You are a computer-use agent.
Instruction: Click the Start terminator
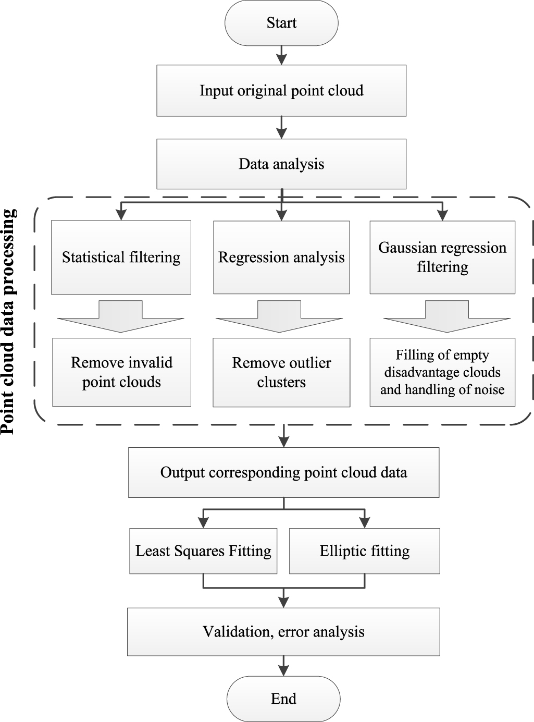281,23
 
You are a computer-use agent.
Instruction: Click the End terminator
283,699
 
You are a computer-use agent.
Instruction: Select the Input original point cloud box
281,91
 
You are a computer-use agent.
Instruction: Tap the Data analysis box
281,164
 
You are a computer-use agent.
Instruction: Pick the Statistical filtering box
121,257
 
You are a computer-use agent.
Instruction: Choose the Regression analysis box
281,257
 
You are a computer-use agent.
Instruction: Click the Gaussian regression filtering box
442,257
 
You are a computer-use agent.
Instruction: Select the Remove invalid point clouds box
121,372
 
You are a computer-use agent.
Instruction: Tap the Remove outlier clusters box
281,372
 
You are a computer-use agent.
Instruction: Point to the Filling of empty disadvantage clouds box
442,372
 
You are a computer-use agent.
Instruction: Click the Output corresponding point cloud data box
283,472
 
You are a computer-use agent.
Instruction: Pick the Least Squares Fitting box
203,551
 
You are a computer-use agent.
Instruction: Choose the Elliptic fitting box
364,551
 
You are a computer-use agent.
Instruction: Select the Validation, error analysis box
283,632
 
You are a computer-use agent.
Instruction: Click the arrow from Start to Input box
281,55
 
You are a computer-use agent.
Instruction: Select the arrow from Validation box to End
283,666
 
